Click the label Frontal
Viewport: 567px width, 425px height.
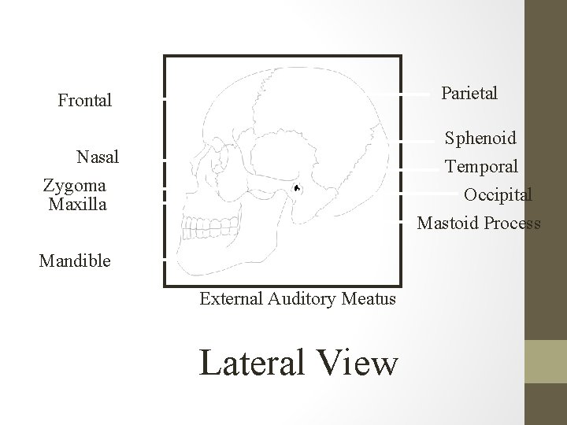pos(85,101)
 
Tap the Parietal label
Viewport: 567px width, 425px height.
pos(469,94)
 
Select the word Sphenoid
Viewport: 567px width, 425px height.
pos(480,139)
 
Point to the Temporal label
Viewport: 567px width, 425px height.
pos(481,167)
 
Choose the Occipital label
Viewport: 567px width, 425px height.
pos(498,194)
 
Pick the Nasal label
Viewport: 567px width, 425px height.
pos(98,157)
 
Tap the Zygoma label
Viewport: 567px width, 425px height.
pos(75,186)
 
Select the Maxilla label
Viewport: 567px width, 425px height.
pos(76,205)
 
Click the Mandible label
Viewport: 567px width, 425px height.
pos(75,261)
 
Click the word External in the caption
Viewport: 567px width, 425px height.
pos(231,299)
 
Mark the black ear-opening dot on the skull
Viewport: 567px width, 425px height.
pos(296,189)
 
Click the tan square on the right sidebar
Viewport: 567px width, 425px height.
pos(545,361)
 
